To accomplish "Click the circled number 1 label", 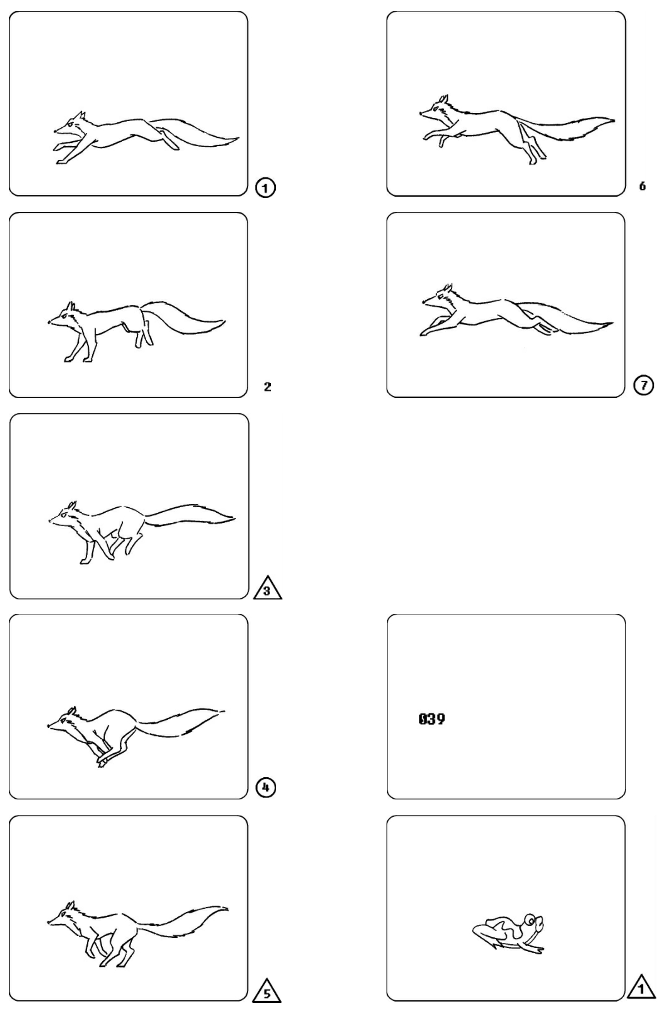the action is coord(265,188).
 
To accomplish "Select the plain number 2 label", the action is coord(267,387).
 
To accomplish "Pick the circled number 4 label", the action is coord(266,788).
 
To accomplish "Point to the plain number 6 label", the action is coord(643,186).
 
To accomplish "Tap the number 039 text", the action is coord(432,719).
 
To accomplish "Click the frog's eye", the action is coord(530,920).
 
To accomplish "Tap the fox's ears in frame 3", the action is coord(72,505).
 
